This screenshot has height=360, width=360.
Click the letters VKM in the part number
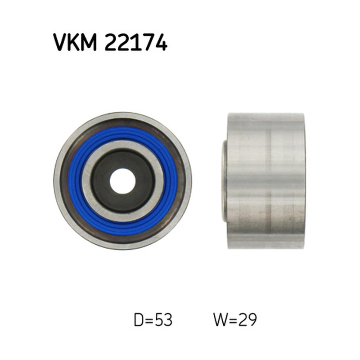[x=75, y=42]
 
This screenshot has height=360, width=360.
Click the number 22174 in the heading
[x=136, y=42]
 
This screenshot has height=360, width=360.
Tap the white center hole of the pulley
[x=122, y=181]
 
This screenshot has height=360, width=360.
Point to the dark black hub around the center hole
[x=101, y=181]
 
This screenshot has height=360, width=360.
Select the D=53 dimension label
[x=153, y=320]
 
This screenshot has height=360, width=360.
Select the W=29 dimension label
[x=235, y=320]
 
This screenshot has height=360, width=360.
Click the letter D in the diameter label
[x=139, y=320]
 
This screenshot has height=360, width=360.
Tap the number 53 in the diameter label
[x=164, y=320]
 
